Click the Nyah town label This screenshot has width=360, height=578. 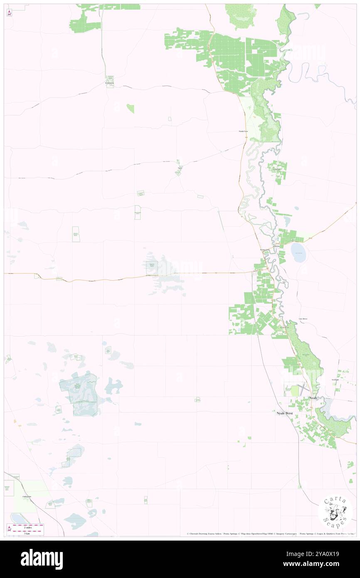coord(313,398)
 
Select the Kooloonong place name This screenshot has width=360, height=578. coord(109,83)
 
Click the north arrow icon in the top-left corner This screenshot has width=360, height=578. coord(9,13)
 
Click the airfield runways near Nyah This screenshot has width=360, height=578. coord(304,390)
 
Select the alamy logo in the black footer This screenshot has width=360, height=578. coord(42,559)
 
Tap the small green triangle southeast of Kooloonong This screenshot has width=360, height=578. coord(131,109)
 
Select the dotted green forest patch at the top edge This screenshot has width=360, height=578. coord(240,16)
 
